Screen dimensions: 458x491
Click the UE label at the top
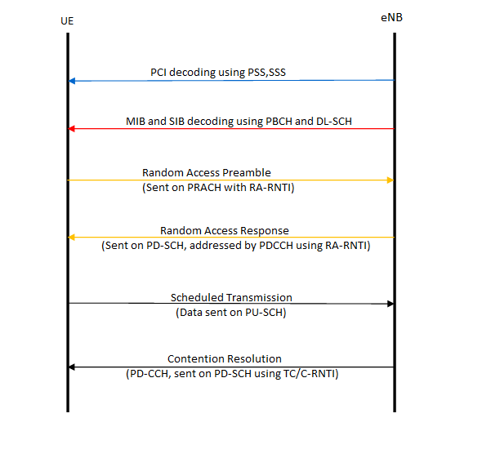pyautogui.click(x=68, y=20)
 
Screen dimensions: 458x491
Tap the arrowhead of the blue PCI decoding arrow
pyautogui.click(x=73, y=81)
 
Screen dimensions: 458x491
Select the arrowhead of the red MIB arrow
pyautogui.click(x=73, y=129)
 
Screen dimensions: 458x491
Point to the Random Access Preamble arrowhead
pyautogui.click(x=390, y=180)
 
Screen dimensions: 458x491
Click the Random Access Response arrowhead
pyautogui.click(x=73, y=238)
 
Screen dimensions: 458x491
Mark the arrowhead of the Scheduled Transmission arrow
pyautogui.click(x=390, y=304)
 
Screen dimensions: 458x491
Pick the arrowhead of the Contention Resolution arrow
pyautogui.click(x=73, y=367)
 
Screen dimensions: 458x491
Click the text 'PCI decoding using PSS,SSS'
pyautogui.click(x=218, y=73)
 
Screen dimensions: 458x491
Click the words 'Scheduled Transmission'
pyautogui.click(x=231, y=297)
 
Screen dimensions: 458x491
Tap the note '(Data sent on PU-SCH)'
pyautogui.click(x=231, y=312)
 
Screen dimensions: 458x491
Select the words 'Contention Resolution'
pyautogui.click(x=225, y=358)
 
